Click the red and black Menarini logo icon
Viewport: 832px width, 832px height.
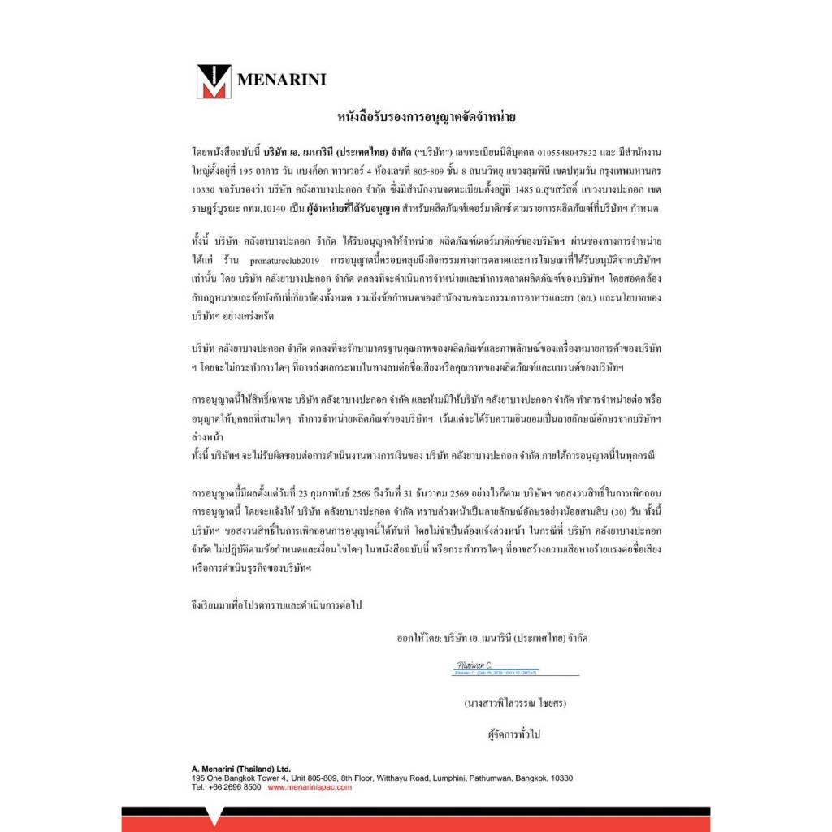coord(214,80)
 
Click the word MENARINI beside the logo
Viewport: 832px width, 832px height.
coord(281,80)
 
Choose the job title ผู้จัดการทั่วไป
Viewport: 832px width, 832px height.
coord(513,734)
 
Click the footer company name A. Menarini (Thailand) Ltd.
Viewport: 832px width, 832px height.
coord(241,769)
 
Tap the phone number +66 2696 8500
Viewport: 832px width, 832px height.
coord(236,787)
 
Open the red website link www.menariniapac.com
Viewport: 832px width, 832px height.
coord(310,787)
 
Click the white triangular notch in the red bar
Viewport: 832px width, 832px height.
coord(214,815)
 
